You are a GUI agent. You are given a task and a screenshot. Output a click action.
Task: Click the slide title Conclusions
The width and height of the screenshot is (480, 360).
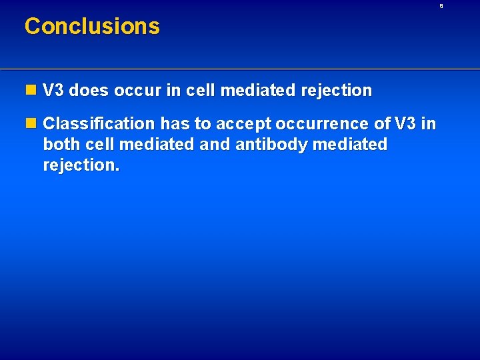(92, 26)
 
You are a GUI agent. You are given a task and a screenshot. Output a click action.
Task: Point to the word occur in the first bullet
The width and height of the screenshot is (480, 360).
(135, 91)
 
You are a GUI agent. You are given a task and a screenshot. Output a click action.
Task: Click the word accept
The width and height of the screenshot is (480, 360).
(238, 124)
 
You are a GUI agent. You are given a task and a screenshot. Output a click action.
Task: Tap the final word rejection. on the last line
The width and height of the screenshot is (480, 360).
(81, 165)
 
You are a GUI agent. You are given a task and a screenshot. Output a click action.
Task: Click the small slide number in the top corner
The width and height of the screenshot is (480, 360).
(441, 5)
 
